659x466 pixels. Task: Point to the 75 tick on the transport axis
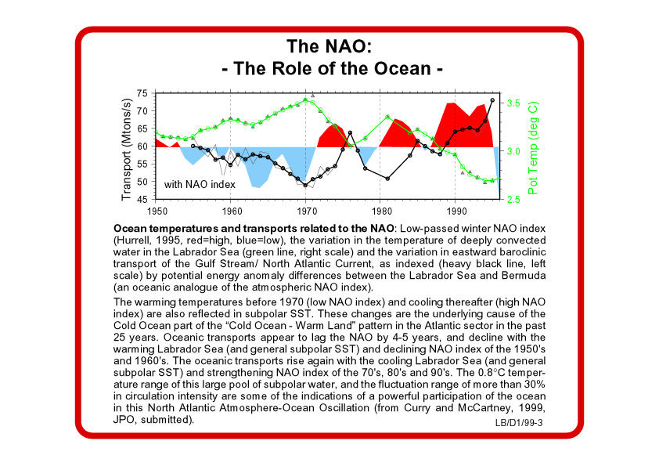pyautogui.click(x=142, y=93)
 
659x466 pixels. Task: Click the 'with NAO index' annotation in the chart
pyautogui.click(x=200, y=185)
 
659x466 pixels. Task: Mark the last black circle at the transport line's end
pyautogui.click(x=492, y=100)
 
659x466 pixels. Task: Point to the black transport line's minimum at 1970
pyautogui.click(x=305, y=186)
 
